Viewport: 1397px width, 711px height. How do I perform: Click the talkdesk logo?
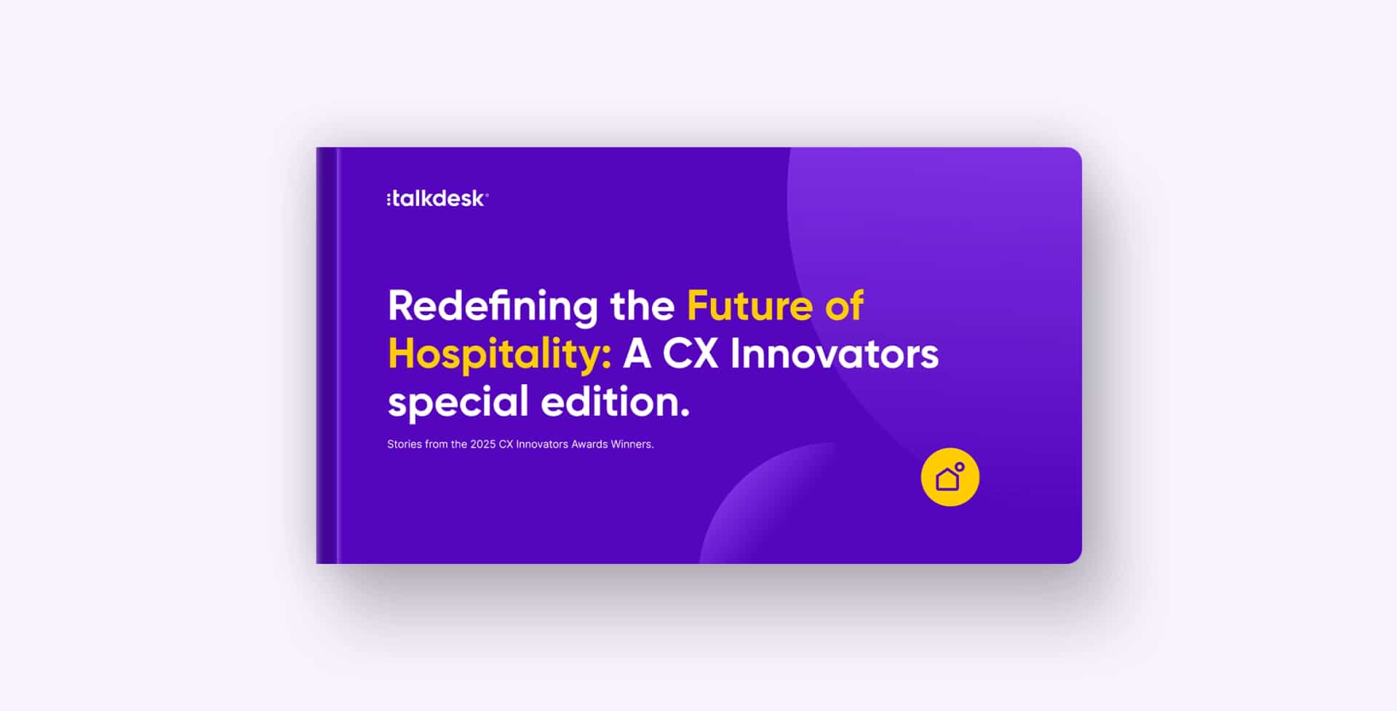437,199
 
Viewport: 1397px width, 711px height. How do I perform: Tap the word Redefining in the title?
493,306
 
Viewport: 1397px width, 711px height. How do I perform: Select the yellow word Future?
749,306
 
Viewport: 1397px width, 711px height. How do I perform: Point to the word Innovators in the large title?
834,354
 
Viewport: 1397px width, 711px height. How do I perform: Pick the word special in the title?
458,402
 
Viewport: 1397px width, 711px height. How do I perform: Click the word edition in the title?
608,402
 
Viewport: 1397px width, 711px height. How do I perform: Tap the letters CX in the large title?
690,354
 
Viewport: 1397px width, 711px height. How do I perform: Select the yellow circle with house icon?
950,477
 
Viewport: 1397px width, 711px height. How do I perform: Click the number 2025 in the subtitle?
482,445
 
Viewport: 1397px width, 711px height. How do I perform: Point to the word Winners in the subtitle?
632,445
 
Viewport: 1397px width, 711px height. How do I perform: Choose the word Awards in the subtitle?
589,445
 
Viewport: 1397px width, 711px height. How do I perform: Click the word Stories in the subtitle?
405,445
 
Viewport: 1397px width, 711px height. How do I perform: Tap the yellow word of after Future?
844,306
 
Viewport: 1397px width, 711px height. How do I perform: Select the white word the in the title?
642,306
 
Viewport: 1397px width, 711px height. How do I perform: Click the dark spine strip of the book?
327,355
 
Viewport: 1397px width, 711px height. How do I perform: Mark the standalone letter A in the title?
637,354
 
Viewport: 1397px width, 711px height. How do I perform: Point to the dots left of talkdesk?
389,199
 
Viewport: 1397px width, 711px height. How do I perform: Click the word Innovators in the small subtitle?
541,445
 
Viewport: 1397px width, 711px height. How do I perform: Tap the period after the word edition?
685,414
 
